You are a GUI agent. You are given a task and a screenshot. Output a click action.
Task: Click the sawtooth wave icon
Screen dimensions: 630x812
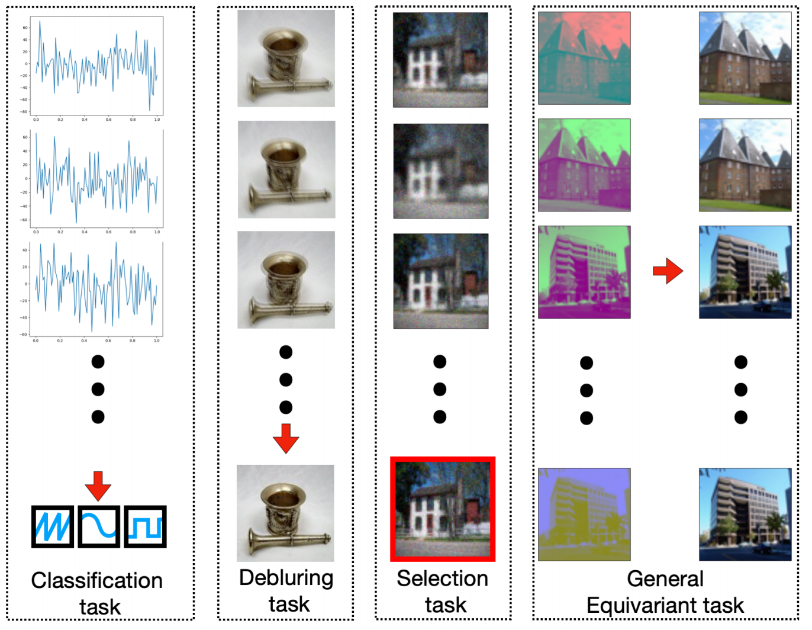point(53,526)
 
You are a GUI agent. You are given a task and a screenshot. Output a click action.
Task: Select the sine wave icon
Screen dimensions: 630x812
point(99,526)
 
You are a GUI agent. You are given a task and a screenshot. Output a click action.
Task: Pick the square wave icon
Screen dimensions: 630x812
point(145,526)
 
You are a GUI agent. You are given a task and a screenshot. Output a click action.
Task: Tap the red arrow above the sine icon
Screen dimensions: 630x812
point(98,486)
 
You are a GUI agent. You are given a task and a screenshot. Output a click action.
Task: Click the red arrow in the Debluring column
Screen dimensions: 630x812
point(286,438)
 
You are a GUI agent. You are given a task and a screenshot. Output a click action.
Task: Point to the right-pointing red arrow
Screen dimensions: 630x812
point(668,271)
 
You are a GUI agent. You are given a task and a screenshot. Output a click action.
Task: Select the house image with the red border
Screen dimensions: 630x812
point(443,509)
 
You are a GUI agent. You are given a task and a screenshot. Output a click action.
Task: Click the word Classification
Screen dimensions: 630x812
point(96,580)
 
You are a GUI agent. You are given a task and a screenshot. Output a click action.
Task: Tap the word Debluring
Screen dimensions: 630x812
point(286,578)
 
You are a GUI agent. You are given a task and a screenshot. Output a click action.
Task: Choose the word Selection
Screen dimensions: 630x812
point(442,578)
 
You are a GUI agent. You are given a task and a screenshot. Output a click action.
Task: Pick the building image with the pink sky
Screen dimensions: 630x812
point(584,58)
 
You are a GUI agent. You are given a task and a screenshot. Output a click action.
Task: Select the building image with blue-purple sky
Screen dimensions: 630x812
point(584,515)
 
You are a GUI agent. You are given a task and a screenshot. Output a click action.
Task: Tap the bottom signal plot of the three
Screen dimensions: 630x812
point(96,290)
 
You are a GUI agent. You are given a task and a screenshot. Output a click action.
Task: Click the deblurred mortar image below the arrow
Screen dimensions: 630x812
point(285,513)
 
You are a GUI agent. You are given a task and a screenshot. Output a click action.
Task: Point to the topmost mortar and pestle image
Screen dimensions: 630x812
point(286,59)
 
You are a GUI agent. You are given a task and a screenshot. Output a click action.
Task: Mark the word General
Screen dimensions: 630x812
point(665,578)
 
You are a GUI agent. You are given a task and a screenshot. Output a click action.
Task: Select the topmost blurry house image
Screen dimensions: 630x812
point(440,60)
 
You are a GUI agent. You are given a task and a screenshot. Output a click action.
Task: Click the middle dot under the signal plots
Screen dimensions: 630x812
point(98,389)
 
